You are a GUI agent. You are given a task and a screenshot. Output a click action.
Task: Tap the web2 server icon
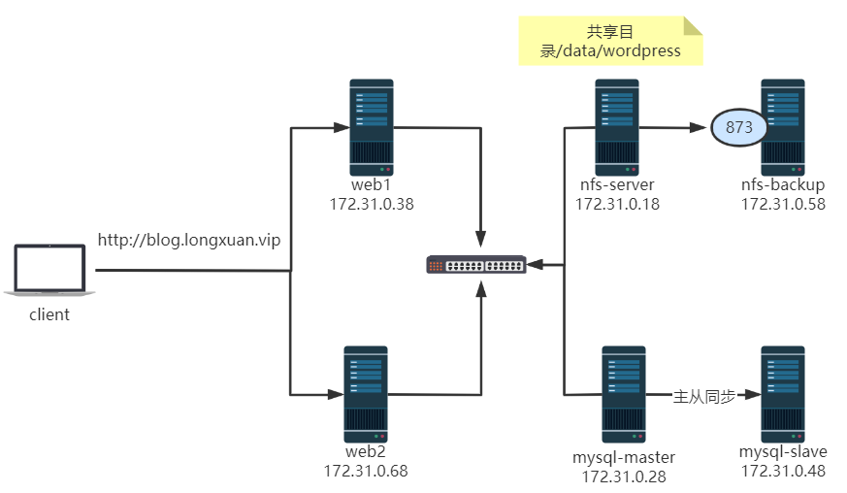point(365,391)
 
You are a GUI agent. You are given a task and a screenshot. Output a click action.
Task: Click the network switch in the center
point(476,264)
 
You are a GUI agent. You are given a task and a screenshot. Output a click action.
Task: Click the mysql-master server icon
point(624,390)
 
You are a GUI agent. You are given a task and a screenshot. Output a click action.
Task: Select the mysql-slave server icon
point(783,390)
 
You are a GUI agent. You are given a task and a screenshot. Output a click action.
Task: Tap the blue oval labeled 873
point(738,127)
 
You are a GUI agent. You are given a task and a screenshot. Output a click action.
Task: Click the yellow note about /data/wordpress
point(610,41)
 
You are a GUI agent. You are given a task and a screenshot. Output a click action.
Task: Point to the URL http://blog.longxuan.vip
point(188,240)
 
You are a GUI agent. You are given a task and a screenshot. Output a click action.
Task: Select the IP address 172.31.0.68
point(366,471)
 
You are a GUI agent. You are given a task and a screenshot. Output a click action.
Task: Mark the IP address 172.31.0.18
point(617,204)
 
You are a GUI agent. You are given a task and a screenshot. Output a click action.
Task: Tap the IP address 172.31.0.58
point(783,204)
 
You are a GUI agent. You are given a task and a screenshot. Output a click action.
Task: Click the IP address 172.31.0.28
point(623,477)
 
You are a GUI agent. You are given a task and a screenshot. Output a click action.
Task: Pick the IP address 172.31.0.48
point(783,471)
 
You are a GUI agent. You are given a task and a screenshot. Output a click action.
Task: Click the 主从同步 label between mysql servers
point(703,396)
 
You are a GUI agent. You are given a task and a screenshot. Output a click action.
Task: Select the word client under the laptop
point(49,314)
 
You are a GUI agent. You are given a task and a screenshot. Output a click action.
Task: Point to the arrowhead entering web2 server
point(336,395)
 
